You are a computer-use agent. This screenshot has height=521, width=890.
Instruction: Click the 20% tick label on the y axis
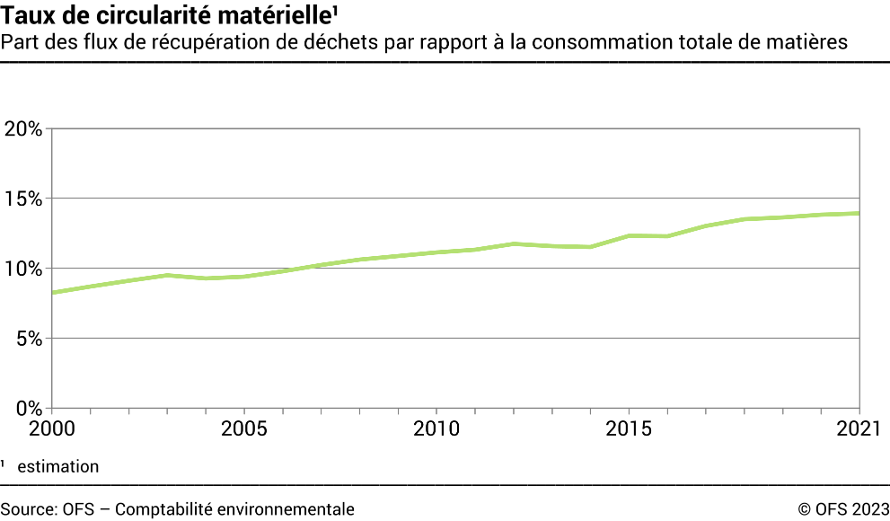click(x=22, y=128)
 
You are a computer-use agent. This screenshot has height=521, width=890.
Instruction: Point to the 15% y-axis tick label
click(x=22, y=199)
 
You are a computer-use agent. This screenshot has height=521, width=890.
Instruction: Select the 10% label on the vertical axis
click(x=22, y=269)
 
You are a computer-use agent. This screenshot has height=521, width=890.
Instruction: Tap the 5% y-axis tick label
click(x=28, y=339)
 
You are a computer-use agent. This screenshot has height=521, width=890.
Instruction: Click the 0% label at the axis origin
click(x=28, y=408)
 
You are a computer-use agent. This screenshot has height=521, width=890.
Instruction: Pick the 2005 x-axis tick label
click(x=243, y=428)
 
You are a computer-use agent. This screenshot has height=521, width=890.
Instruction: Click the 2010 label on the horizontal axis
click(x=436, y=428)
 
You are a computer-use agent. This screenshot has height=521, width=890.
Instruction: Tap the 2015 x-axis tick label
click(x=630, y=428)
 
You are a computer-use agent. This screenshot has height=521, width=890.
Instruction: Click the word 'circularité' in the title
click(x=145, y=15)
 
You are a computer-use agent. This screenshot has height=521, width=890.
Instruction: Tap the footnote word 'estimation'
click(x=57, y=466)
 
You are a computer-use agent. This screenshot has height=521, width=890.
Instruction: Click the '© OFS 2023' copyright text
click(x=843, y=509)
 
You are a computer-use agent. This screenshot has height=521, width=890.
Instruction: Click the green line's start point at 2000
click(x=52, y=293)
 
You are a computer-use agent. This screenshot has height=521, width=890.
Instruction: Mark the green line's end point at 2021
click(x=860, y=213)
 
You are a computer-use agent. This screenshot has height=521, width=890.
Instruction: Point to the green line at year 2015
click(x=630, y=235)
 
